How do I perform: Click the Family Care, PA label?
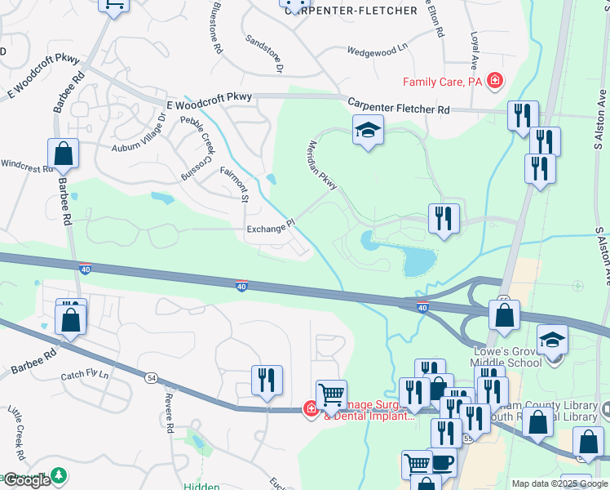[x=443, y=82]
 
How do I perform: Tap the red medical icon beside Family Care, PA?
[x=494, y=81]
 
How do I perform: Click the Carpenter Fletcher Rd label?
[x=399, y=108]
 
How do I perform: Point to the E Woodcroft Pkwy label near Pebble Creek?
[x=210, y=101]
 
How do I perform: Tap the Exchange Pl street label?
[x=269, y=229]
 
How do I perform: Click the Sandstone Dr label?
[x=263, y=54]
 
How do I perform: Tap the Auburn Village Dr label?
[x=138, y=135]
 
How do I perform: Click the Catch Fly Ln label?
[x=84, y=376]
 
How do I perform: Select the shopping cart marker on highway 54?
[x=331, y=395]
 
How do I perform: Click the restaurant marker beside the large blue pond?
[x=444, y=218]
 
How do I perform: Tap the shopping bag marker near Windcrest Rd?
[x=63, y=154]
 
